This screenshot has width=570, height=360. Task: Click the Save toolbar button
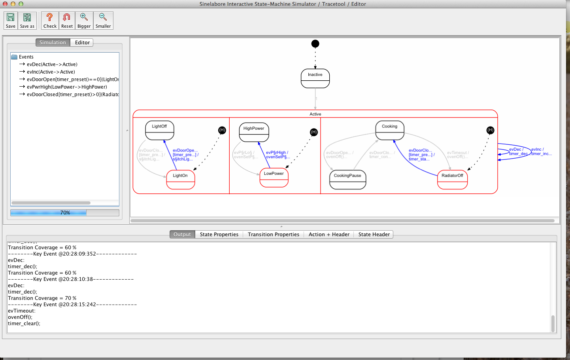point(11,21)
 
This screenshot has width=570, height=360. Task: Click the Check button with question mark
point(50,21)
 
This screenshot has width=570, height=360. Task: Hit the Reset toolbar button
point(67,21)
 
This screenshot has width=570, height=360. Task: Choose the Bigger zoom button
point(84,21)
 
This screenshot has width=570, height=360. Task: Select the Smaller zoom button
point(103,21)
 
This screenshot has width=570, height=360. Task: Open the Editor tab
point(82,43)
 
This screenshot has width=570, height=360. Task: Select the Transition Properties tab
point(273,235)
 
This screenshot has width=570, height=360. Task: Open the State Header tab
point(374,235)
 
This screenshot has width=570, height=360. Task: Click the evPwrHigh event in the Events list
point(67,87)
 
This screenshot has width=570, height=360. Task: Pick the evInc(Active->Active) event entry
point(51,72)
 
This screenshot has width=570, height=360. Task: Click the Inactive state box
point(315,78)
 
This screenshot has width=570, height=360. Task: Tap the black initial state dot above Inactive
point(315,44)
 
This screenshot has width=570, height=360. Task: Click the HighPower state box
point(254,132)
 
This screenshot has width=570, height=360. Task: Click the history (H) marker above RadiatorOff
point(490,130)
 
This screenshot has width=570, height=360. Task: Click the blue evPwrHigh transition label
point(277,155)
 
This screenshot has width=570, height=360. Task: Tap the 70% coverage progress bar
point(65,213)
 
